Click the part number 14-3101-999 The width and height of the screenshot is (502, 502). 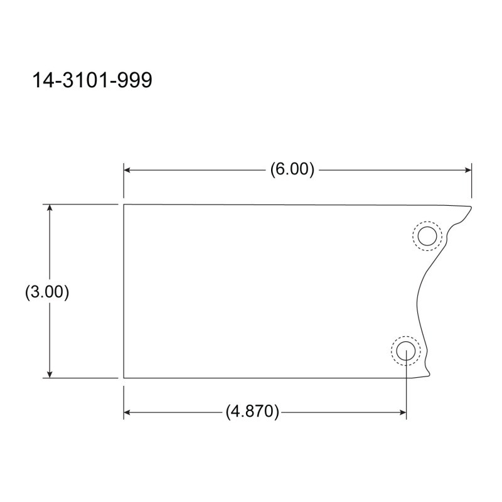tap(92, 81)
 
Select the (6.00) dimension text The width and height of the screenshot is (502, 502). tap(292, 169)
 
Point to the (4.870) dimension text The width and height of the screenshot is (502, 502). tap(252, 412)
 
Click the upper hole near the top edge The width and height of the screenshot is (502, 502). tap(427, 236)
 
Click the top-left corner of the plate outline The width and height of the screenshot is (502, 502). tap(124, 205)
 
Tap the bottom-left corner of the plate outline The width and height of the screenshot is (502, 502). tap(124, 378)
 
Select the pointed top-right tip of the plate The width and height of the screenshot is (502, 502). tap(471, 207)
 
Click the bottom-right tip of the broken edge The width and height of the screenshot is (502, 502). tap(430, 376)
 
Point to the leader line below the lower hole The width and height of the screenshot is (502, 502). tap(407, 389)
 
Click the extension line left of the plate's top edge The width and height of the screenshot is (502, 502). tap(82, 204)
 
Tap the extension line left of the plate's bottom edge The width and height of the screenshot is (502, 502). tap(82, 378)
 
